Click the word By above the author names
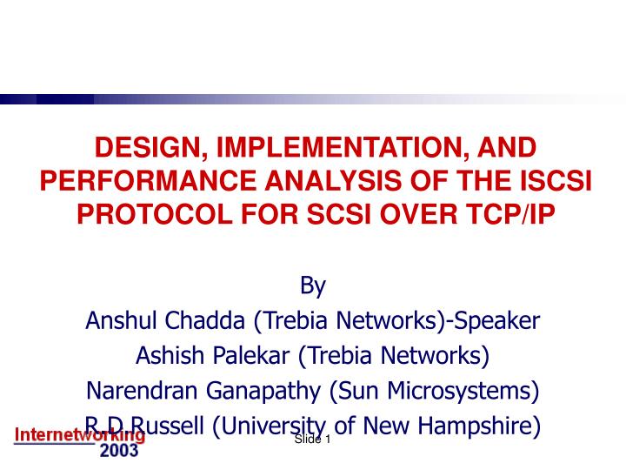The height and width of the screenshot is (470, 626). [312, 286]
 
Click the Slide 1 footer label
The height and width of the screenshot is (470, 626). [313, 440]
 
